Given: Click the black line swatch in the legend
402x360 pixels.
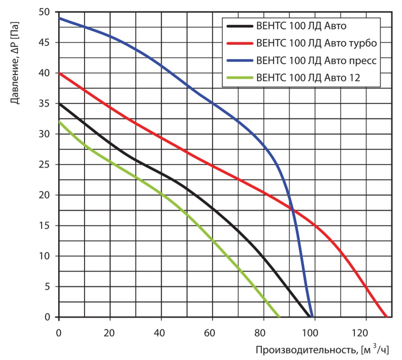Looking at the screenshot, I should [240, 26].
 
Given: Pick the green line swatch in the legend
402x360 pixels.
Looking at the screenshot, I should [240, 78].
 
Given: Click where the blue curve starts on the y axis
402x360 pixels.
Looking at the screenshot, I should [59, 18].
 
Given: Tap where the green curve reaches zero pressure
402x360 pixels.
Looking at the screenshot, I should [279, 317].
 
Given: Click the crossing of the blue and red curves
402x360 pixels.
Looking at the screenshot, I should [292, 209].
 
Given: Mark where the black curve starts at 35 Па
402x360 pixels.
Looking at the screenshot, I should [59, 104].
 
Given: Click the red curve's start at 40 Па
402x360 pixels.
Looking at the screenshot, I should [59, 73].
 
